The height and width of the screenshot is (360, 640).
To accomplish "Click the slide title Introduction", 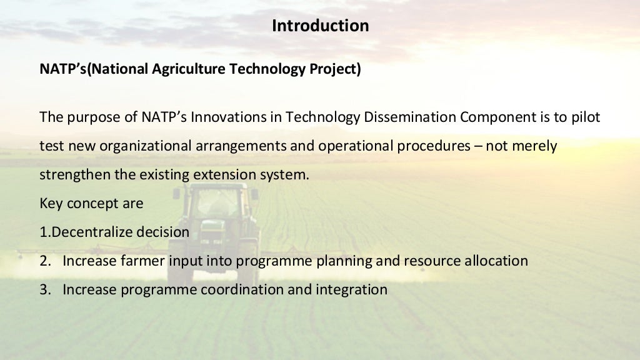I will click(320, 26).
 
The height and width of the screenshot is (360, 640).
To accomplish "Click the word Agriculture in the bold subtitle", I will click(189, 69).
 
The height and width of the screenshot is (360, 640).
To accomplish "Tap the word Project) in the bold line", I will click(336, 69).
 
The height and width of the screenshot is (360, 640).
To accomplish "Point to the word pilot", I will click(586, 117).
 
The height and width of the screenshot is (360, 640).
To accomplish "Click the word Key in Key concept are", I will click(51, 203).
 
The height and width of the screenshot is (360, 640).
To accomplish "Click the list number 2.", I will click(44, 261).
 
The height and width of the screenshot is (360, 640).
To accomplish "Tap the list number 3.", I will click(44, 289).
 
